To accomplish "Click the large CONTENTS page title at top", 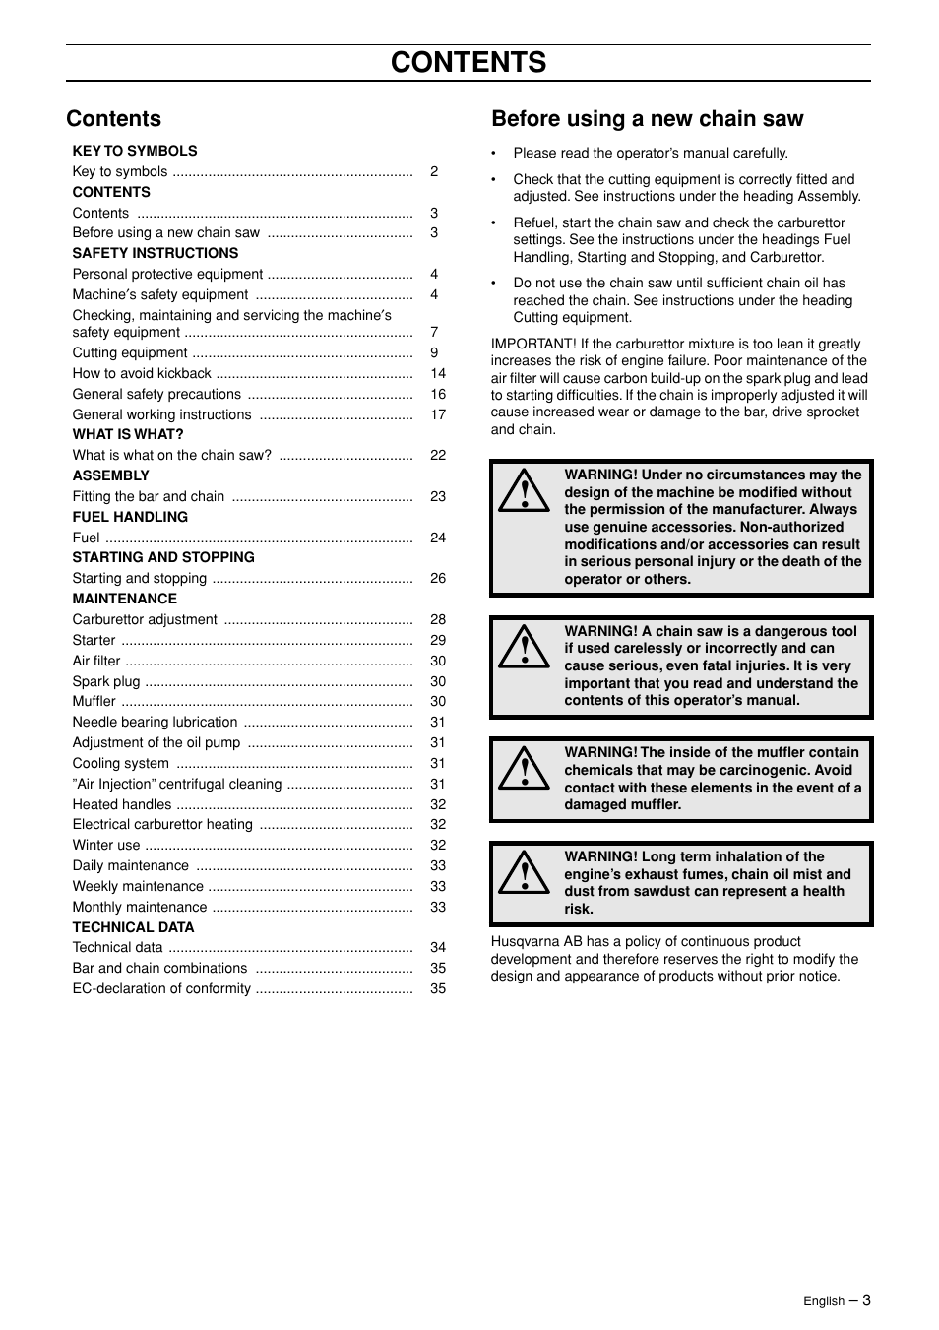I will (x=469, y=62).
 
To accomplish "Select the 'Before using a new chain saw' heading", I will (x=647, y=119).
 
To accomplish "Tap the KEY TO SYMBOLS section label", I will (x=135, y=151).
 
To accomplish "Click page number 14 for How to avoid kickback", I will (x=438, y=373).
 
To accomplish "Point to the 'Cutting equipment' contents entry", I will (x=130, y=352).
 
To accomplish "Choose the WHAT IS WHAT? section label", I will (x=128, y=434).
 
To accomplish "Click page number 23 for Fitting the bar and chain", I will (x=438, y=496).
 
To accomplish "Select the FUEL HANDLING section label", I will (x=130, y=517).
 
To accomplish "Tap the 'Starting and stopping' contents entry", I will (x=140, y=578).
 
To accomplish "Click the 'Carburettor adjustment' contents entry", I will (x=145, y=619).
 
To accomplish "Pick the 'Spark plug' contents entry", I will (x=106, y=681).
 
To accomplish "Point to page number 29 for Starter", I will (x=438, y=640).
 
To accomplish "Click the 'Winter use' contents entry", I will (x=106, y=845).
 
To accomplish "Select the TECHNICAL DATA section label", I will (x=133, y=927).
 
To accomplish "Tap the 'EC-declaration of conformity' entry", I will (x=161, y=988).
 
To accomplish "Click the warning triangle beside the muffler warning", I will (x=523, y=769).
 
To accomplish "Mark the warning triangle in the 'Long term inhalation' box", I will (x=523, y=873).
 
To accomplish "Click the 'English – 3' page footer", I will (x=837, y=1300).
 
